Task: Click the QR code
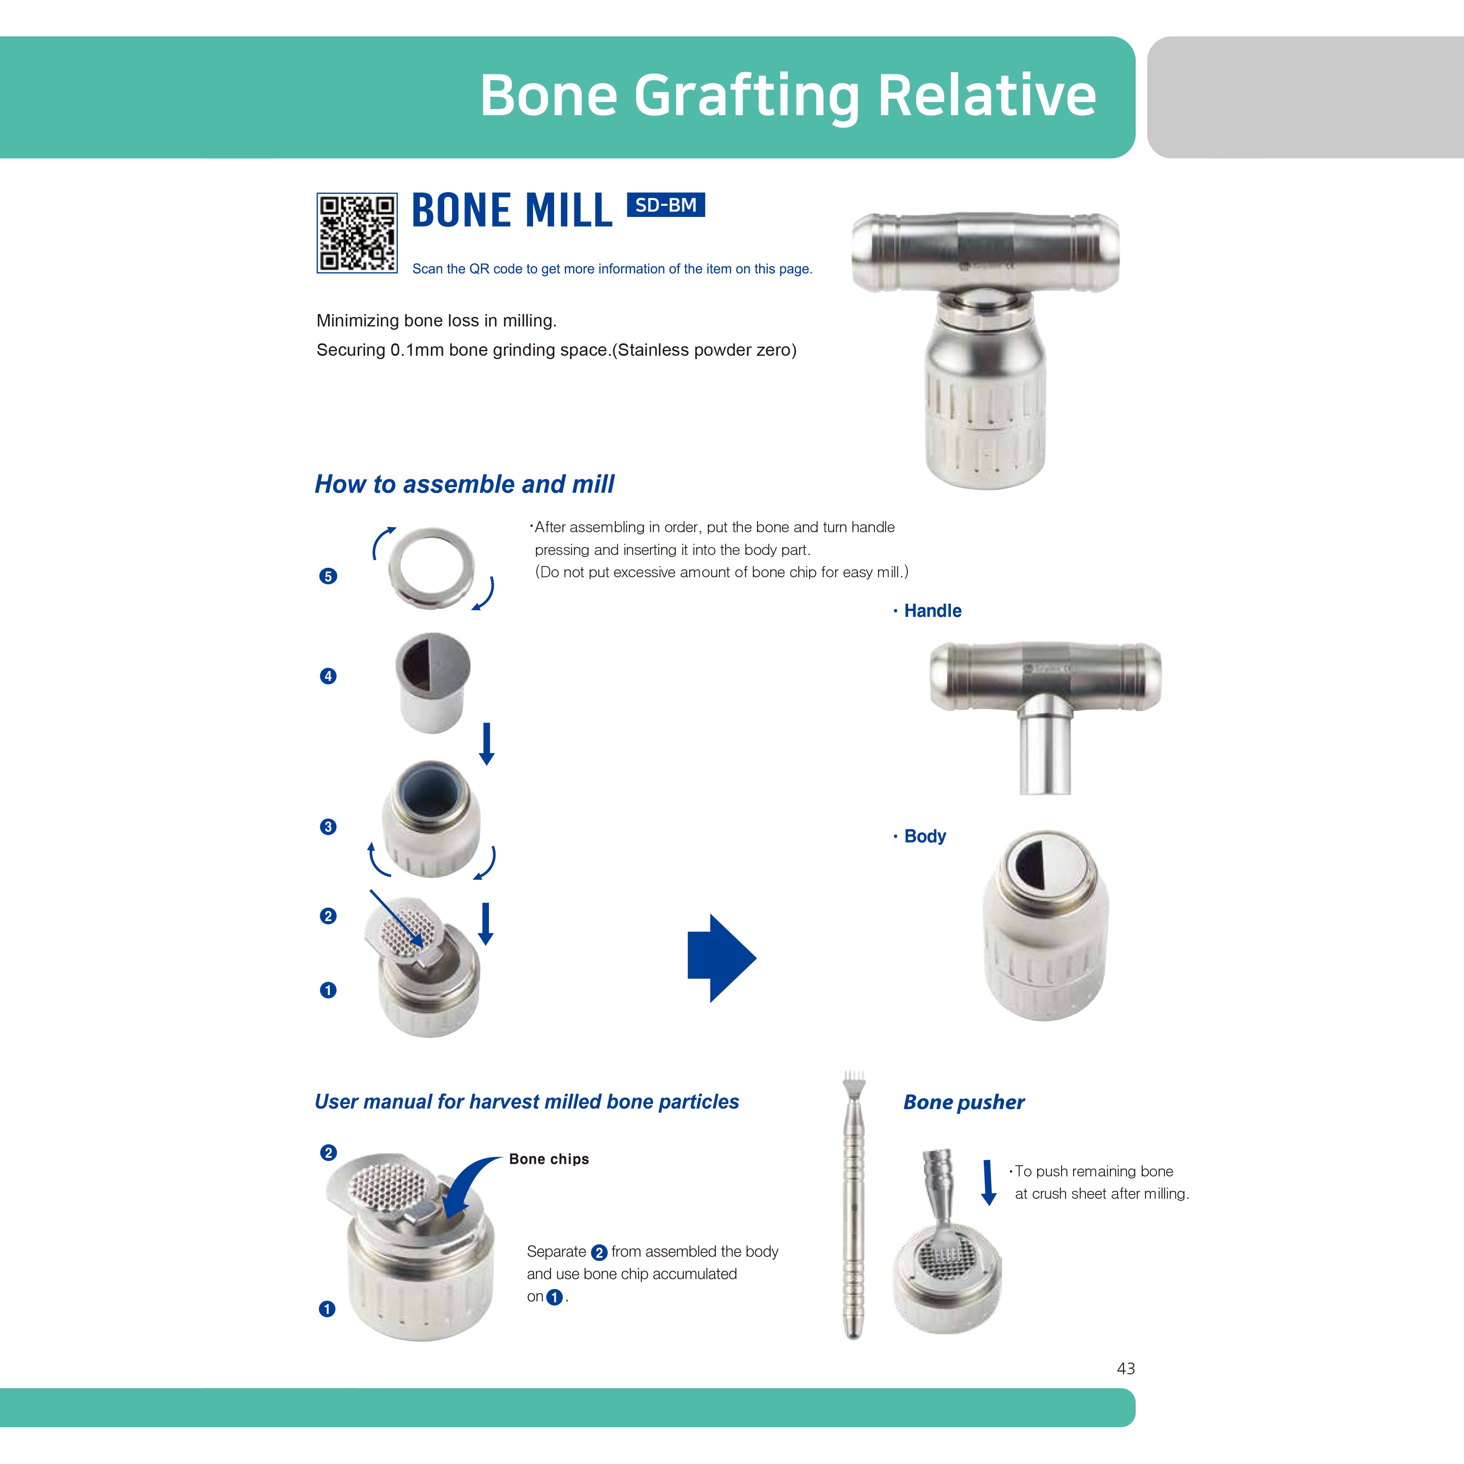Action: (357, 233)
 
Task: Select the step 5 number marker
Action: (328, 576)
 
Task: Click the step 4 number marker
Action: (328, 676)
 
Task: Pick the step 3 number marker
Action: (328, 827)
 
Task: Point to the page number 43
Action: (1126, 1369)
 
